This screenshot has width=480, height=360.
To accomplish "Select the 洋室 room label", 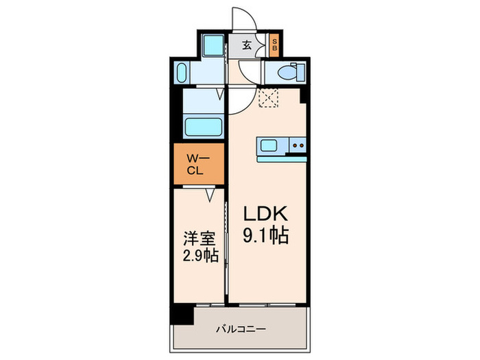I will pos(200,239).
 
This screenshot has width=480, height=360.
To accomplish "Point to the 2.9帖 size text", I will pos(200,259).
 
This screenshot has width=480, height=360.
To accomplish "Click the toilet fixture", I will pos(289,71).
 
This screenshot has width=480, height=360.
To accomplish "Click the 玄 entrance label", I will pos(247,45).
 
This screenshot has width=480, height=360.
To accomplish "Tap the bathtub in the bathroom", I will pos(203,128).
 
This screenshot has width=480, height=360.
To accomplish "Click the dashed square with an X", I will pos(269,100).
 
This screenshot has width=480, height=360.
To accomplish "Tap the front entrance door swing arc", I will pos(243,21).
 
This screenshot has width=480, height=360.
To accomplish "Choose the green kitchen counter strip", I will pos(281,158).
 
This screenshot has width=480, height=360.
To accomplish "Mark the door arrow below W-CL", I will pos(211,195).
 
